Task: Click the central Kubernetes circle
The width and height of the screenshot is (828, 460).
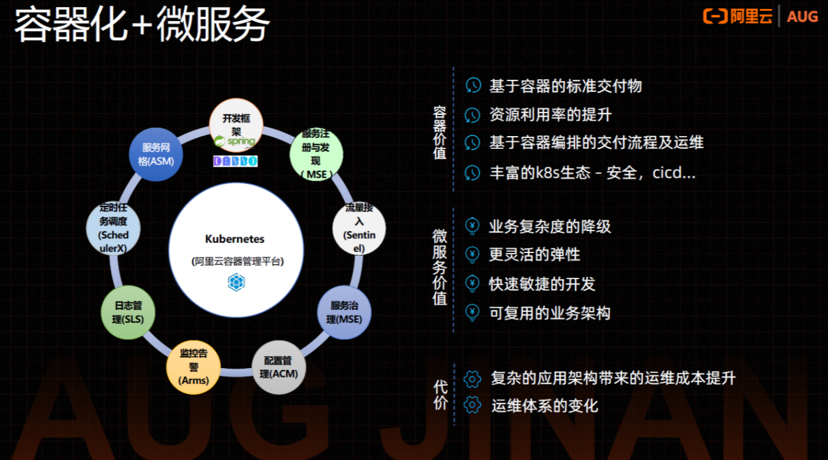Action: [235, 250]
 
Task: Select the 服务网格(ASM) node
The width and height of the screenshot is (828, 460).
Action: [156, 155]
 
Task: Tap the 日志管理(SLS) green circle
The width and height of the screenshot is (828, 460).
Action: [129, 312]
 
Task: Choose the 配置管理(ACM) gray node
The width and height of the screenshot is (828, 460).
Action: [279, 367]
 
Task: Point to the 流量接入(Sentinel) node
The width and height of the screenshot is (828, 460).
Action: [359, 228]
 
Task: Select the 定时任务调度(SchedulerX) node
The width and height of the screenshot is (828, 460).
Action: [113, 228]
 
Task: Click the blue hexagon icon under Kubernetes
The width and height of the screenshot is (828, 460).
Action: [236, 282]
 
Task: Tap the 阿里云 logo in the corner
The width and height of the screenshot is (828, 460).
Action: [738, 17]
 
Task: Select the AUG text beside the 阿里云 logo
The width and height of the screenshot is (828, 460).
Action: [802, 17]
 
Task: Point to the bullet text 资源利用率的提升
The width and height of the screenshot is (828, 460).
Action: [550, 114]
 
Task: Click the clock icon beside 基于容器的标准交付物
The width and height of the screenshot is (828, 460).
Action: [473, 86]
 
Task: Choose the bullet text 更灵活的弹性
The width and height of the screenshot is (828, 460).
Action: [535, 254]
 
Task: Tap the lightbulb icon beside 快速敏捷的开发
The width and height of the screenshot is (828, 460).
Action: [473, 283]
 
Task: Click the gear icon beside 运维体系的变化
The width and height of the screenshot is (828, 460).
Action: [473, 405]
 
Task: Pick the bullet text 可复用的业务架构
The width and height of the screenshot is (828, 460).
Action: [549, 312]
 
